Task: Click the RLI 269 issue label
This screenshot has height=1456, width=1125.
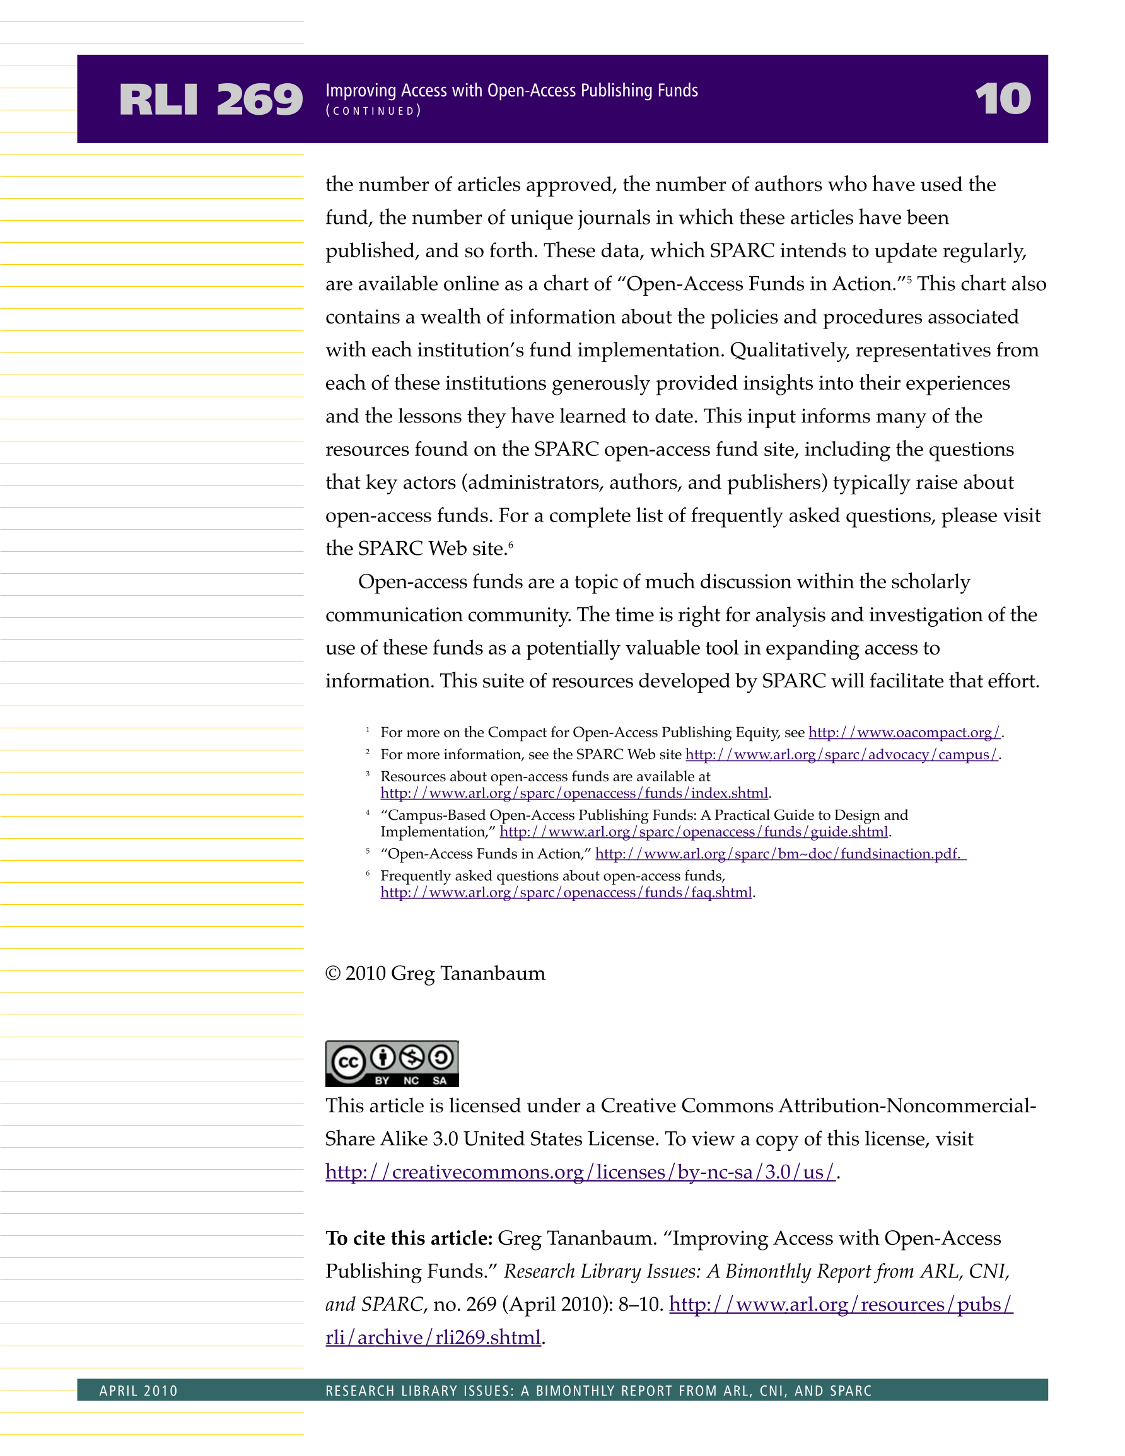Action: [x=211, y=100]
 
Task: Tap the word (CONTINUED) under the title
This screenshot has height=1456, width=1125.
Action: [x=373, y=111]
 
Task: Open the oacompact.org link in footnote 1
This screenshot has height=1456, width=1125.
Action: [x=904, y=732]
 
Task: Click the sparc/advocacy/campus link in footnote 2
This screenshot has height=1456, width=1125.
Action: [x=842, y=754]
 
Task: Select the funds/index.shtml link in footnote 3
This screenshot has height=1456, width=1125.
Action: [x=574, y=793]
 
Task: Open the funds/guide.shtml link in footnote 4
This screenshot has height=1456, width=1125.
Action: [x=694, y=831]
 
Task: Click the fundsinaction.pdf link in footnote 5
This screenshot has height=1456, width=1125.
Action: [x=780, y=853]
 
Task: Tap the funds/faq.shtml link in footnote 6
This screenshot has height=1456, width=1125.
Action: [x=566, y=892]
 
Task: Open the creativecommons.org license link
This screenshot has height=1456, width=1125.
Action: [x=580, y=1172]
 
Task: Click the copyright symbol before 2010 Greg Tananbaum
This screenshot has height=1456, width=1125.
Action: [x=333, y=974]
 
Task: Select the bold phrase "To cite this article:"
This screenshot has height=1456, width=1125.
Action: [x=409, y=1238]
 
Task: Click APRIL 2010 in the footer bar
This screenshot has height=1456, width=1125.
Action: [x=139, y=1390]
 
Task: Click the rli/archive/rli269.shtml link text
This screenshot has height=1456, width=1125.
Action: [x=433, y=1337]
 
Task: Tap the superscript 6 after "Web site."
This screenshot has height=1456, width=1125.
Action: [x=511, y=545]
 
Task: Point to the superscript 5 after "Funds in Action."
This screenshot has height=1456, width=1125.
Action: [x=909, y=280]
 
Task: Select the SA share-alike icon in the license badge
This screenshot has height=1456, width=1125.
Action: [x=440, y=1057]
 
